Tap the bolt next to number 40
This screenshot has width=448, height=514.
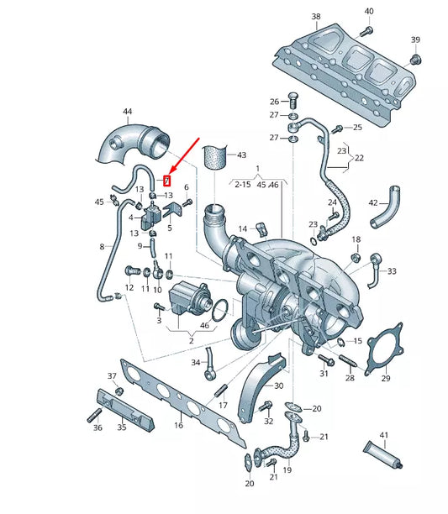tap(365, 30)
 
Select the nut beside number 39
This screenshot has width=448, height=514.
tap(414, 59)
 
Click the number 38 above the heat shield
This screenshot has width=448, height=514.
tap(315, 17)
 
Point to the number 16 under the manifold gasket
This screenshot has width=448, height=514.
tap(177, 426)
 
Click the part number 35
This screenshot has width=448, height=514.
tap(121, 427)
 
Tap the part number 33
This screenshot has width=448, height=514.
tap(392, 271)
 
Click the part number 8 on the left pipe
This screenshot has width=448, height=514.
tap(103, 247)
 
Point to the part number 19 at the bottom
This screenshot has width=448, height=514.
tap(287, 471)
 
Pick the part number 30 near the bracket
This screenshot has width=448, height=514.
tap(278, 385)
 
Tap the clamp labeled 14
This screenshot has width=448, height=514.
tap(261, 227)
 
